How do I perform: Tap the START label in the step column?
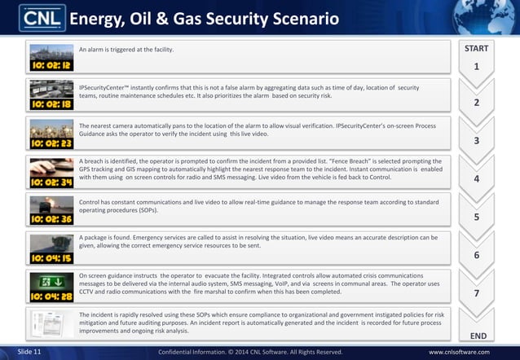click(x=476, y=49)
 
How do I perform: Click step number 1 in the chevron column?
click(x=476, y=67)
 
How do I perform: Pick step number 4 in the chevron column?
click(x=476, y=178)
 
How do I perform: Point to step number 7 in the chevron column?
click(x=476, y=292)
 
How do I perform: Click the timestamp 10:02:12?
click(x=51, y=64)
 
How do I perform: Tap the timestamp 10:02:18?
click(x=51, y=103)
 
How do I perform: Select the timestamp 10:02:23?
click(x=51, y=143)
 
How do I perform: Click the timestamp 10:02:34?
click(x=51, y=182)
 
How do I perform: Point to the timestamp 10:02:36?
click(x=51, y=219)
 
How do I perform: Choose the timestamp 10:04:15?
click(x=51, y=257)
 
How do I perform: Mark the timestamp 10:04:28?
click(x=51, y=296)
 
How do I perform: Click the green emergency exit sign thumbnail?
click(x=51, y=282)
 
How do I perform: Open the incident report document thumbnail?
click(x=51, y=325)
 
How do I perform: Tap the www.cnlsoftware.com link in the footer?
click(x=461, y=352)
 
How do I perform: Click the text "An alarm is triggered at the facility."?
click(x=126, y=50)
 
